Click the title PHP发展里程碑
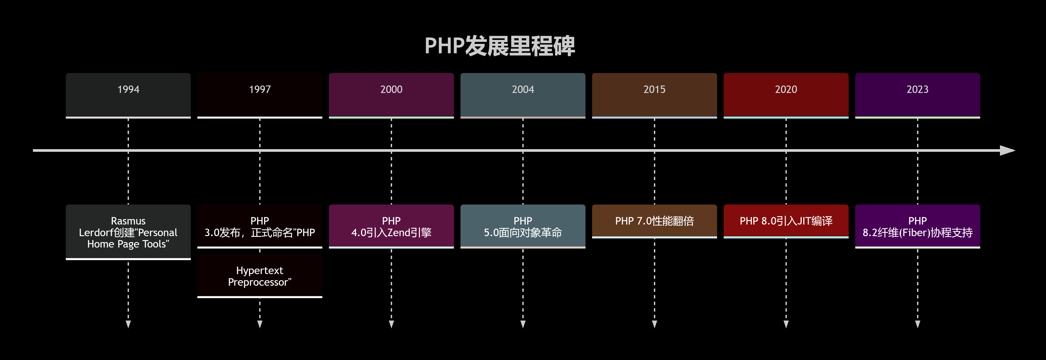pyautogui.click(x=500, y=46)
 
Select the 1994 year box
pyautogui.click(x=128, y=95)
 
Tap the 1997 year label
pyautogui.click(x=260, y=89)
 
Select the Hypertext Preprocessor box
pyautogui.click(x=260, y=276)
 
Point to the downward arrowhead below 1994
pyautogui.click(x=128, y=324)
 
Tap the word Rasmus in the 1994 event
pyautogui.click(x=128, y=221)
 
